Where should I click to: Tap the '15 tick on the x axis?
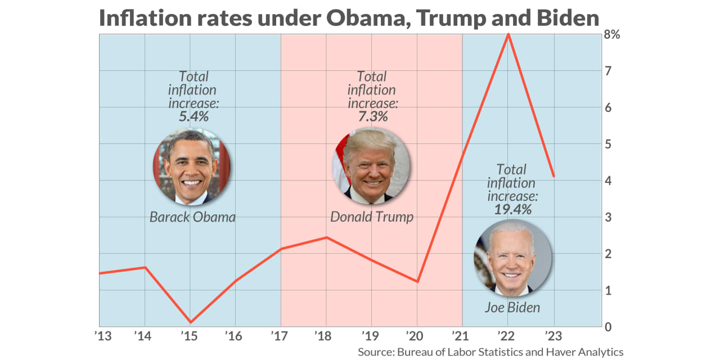coord(190,337)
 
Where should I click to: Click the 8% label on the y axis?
coord(612,35)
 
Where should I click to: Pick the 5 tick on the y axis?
coord(608,145)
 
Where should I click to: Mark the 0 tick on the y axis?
coord(608,327)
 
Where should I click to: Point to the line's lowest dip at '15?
coord(190,322)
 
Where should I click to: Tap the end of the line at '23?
coord(554,176)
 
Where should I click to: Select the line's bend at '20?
coord(417,282)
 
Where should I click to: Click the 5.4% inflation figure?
coord(193,117)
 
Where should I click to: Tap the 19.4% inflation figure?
coord(512,210)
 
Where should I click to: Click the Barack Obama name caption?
coord(192,217)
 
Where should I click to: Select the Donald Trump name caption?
coord(371,217)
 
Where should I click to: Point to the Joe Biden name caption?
coord(512,308)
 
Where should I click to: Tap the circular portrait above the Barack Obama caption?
coord(192,166)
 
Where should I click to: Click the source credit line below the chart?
coord(490,352)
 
